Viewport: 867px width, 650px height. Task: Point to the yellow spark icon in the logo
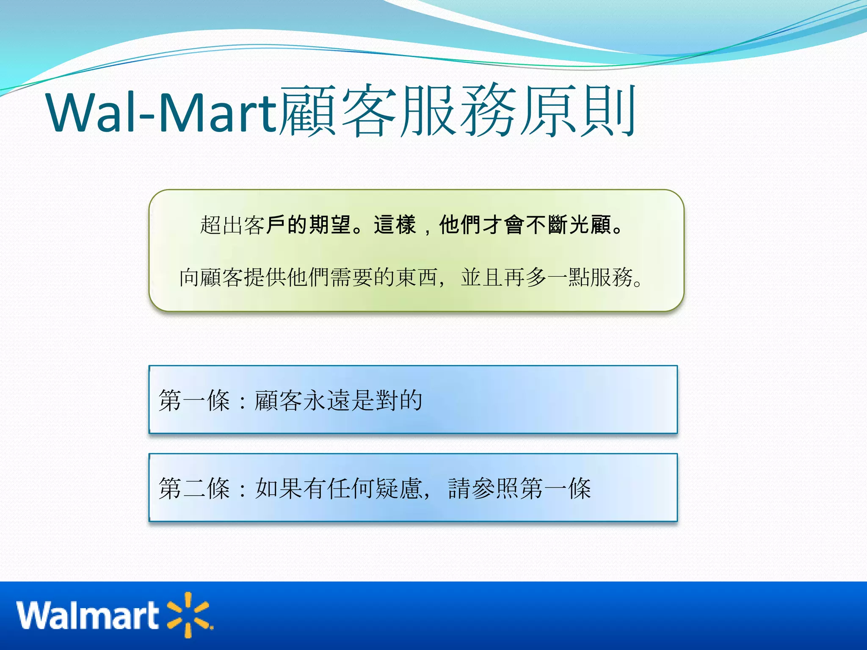(189, 614)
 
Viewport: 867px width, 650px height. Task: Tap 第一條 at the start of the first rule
(194, 400)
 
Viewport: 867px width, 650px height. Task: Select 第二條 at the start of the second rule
(194, 488)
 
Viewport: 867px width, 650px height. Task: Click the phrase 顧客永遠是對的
(338, 400)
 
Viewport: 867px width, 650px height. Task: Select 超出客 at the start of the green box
(232, 225)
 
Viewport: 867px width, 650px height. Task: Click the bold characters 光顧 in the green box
(591, 225)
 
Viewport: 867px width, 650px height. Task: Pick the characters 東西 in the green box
(416, 278)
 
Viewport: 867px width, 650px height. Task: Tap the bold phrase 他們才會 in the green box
(481, 225)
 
